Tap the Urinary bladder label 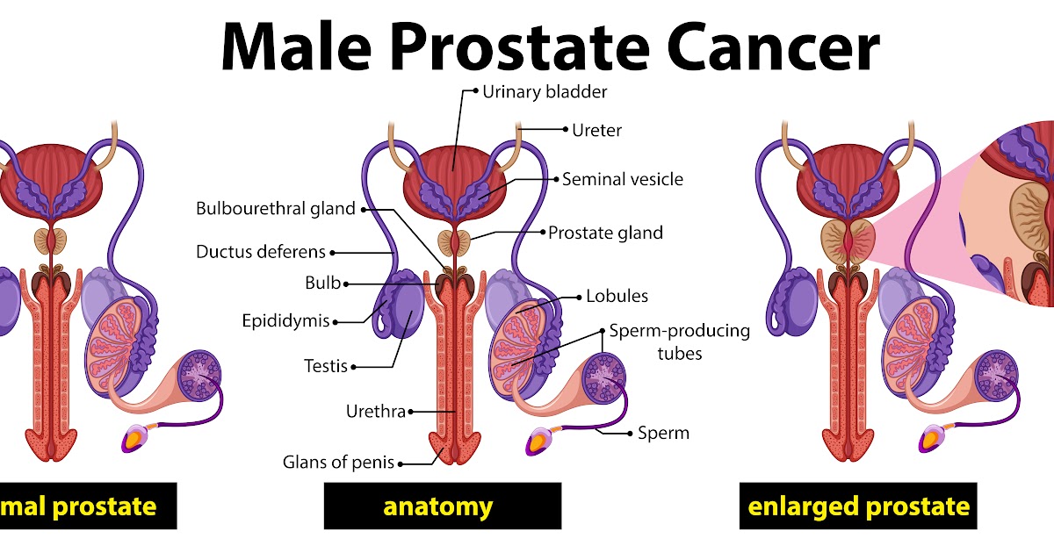pyautogui.click(x=545, y=91)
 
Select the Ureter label pyautogui.click(x=596, y=130)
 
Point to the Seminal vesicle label pyautogui.click(x=622, y=179)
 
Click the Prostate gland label pyautogui.click(x=605, y=233)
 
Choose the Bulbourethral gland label pyautogui.click(x=275, y=209)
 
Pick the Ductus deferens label pyautogui.click(x=260, y=252)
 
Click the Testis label pyautogui.click(x=326, y=366)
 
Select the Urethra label pyautogui.click(x=375, y=411)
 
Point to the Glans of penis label pyautogui.click(x=338, y=462)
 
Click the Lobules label pyautogui.click(x=617, y=296)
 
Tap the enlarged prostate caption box pyautogui.click(x=857, y=506)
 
